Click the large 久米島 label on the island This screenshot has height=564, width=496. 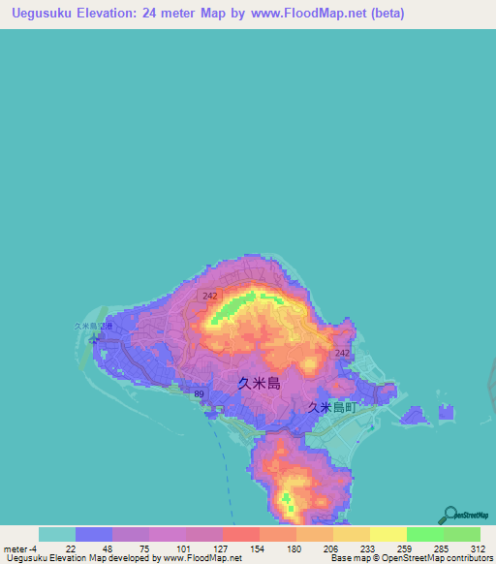coord(259,383)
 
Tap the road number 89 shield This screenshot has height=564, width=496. coord(199,394)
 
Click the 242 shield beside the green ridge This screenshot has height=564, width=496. coord(210,295)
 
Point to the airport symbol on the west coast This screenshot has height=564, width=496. coord(94,339)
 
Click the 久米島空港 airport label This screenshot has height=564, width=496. coord(93,327)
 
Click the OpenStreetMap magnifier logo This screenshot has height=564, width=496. coord(449,515)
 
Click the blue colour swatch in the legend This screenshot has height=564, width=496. coord(94,534)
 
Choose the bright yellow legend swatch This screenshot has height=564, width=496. coord(388,534)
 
